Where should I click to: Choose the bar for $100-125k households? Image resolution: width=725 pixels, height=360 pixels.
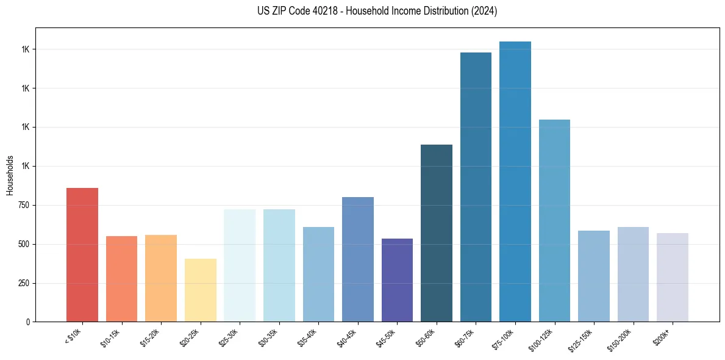coord(554,220)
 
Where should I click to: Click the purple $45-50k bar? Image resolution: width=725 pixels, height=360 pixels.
coord(397,280)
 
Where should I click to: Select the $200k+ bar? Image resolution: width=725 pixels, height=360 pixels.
coord(673,277)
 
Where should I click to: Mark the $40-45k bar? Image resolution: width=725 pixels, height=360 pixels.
coord(358,259)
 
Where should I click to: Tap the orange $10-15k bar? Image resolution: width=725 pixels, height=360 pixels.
coord(121,279)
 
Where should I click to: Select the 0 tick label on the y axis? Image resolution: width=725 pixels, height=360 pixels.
coord(27,322)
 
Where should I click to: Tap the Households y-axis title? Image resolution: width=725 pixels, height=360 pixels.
coord(10,175)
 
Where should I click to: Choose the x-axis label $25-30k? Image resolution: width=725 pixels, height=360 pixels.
coord(231,339)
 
